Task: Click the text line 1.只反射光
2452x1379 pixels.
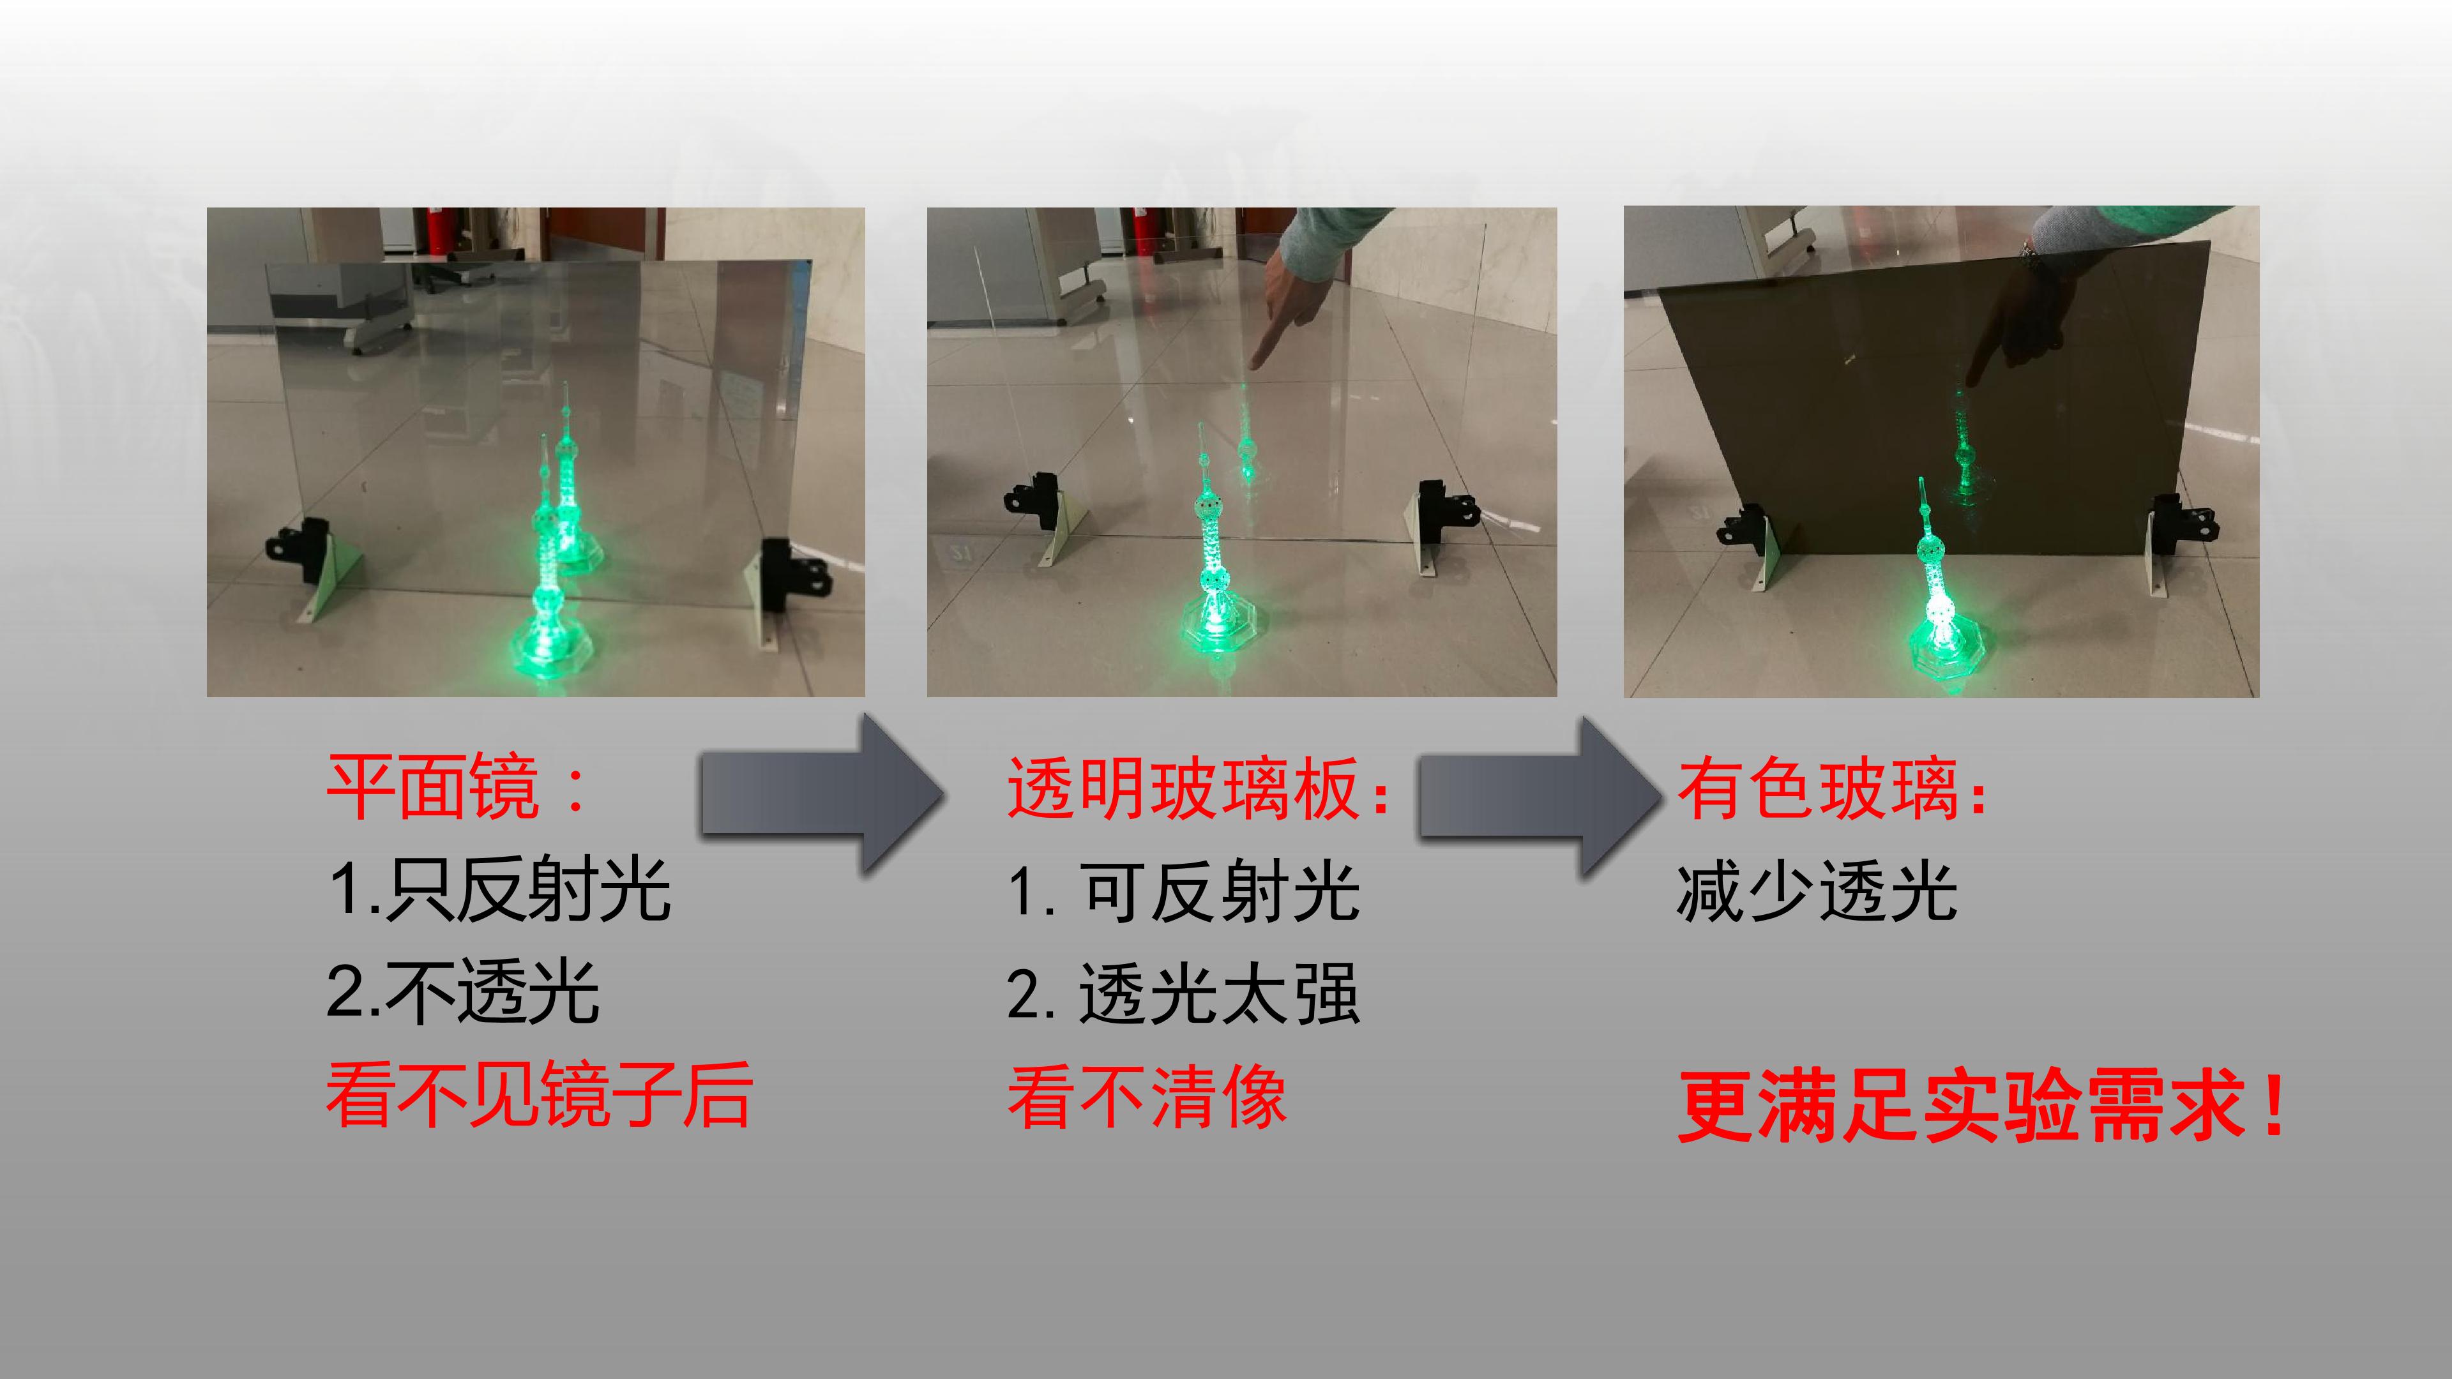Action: [500, 890]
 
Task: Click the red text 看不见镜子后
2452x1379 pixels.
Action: [539, 1096]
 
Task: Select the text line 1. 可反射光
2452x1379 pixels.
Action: [1183, 891]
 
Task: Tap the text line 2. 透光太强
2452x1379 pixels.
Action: [1183, 993]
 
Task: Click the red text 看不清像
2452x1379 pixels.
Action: [1147, 1096]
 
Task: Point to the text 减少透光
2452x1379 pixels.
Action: [1816, 891]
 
